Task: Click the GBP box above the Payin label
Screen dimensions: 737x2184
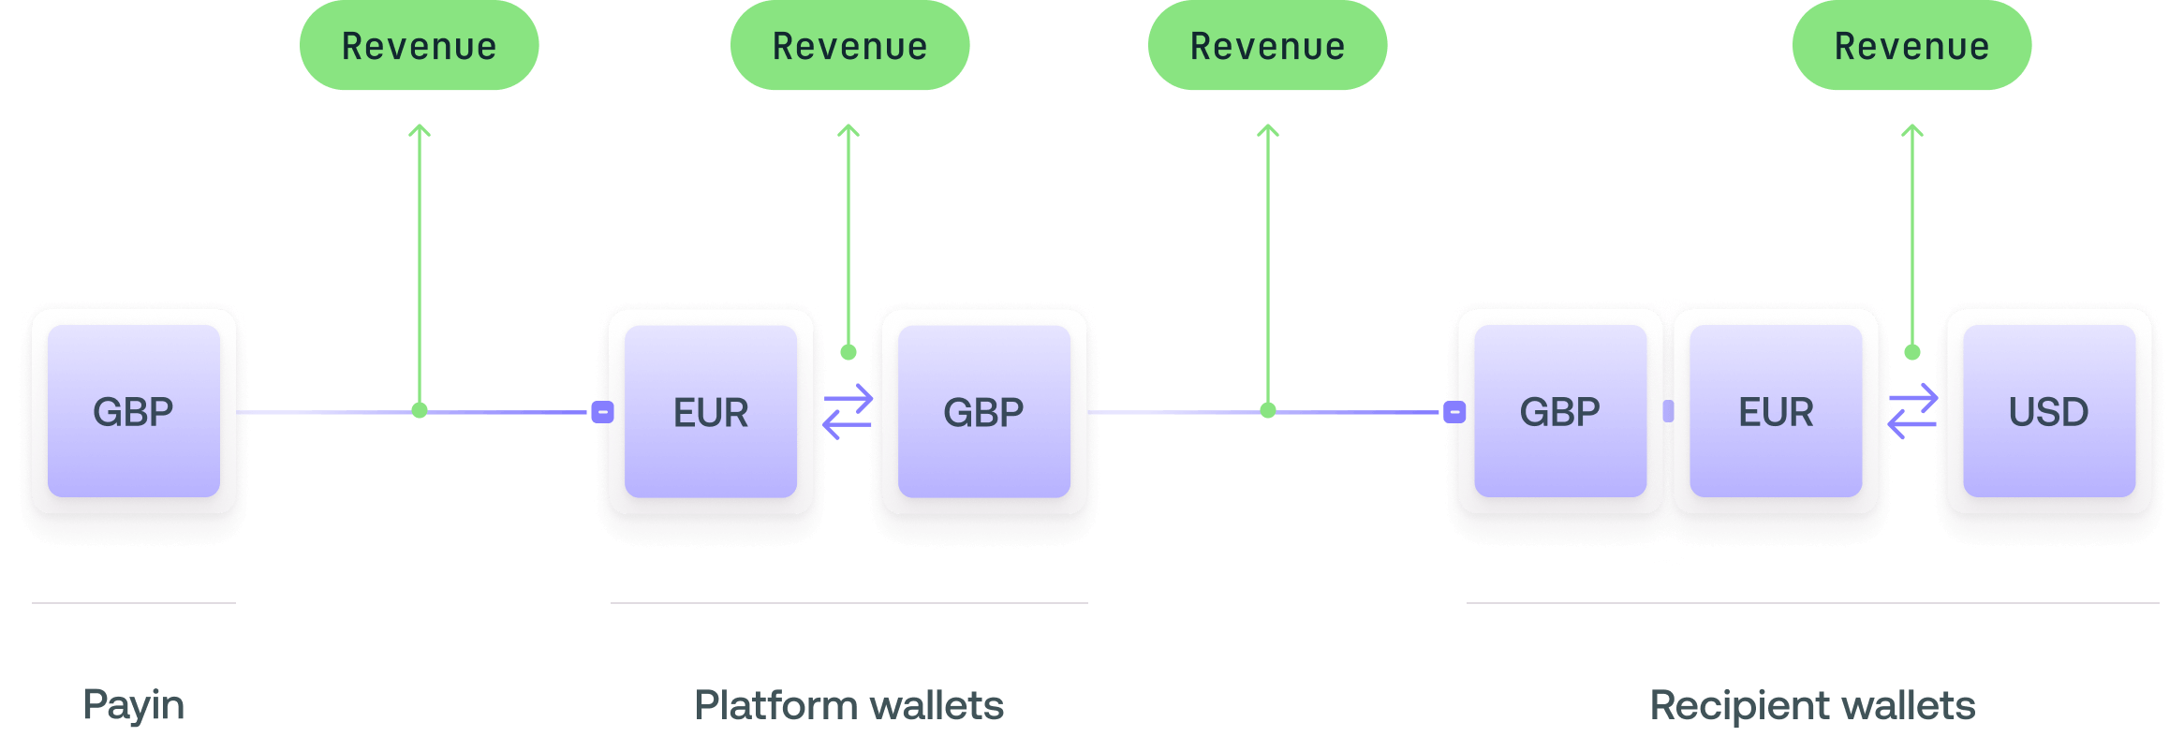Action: point(134,411)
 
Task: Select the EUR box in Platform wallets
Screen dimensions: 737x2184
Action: point(711,411)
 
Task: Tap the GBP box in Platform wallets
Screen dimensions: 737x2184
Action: point(983,411)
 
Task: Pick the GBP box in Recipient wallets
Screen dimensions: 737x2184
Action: point(1559,411)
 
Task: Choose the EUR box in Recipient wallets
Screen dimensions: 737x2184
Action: point(1776,411)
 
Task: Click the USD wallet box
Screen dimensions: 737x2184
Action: point(2049,411)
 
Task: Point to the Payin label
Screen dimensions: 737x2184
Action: point(134,705)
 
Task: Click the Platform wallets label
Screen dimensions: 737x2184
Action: point(849,705)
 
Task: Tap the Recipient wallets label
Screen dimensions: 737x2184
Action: point(1812,705)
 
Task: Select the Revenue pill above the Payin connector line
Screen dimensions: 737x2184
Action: point(420,46)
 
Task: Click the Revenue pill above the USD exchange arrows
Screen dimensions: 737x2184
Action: point(1911,46)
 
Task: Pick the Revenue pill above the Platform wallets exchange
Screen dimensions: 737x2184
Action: point(849,46)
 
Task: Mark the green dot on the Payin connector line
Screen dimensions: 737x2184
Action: point(420,410)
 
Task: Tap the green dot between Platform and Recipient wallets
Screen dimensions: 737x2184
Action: point(1268,410)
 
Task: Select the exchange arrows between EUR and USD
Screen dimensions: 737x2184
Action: point(1912,412)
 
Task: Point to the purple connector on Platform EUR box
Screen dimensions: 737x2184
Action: point(603,411)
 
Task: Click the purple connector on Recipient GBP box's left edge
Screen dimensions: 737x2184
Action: point(1454,411)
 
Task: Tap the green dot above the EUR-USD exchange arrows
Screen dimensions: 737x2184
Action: point(1912,352)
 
